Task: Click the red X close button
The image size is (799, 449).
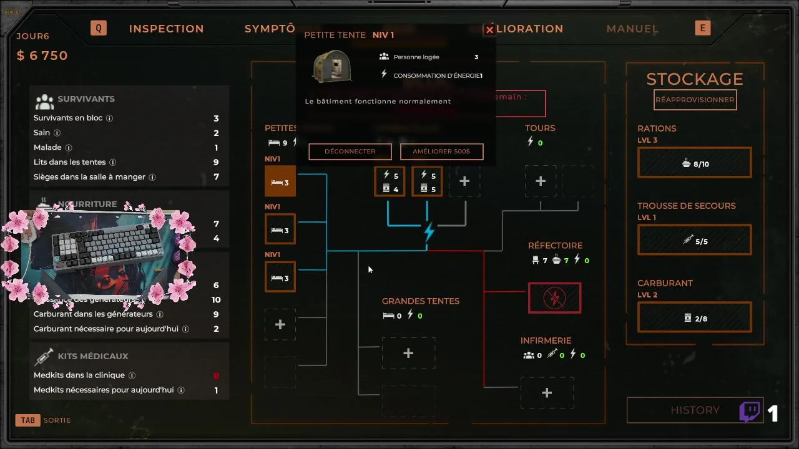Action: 490,30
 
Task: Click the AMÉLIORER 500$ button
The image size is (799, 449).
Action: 441,152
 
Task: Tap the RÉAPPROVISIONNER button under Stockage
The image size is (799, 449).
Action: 695,100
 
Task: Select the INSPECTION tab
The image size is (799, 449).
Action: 166,29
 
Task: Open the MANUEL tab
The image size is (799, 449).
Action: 632,29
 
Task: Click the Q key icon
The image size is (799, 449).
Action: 99,28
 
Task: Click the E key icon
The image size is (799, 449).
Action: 703,28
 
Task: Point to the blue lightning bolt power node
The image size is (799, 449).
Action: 429,231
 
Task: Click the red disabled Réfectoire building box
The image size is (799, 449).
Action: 554,298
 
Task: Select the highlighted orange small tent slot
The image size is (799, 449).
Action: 280,182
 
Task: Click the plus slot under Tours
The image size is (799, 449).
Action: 541,181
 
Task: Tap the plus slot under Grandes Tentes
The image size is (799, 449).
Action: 408,354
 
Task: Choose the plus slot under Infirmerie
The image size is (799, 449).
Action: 547,393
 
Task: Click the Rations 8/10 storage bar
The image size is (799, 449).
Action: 695,163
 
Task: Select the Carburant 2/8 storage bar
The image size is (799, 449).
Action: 695,318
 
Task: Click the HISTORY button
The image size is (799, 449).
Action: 695,410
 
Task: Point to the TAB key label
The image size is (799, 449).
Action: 28,420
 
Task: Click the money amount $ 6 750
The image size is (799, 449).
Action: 42,56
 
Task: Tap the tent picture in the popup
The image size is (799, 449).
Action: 332,66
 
